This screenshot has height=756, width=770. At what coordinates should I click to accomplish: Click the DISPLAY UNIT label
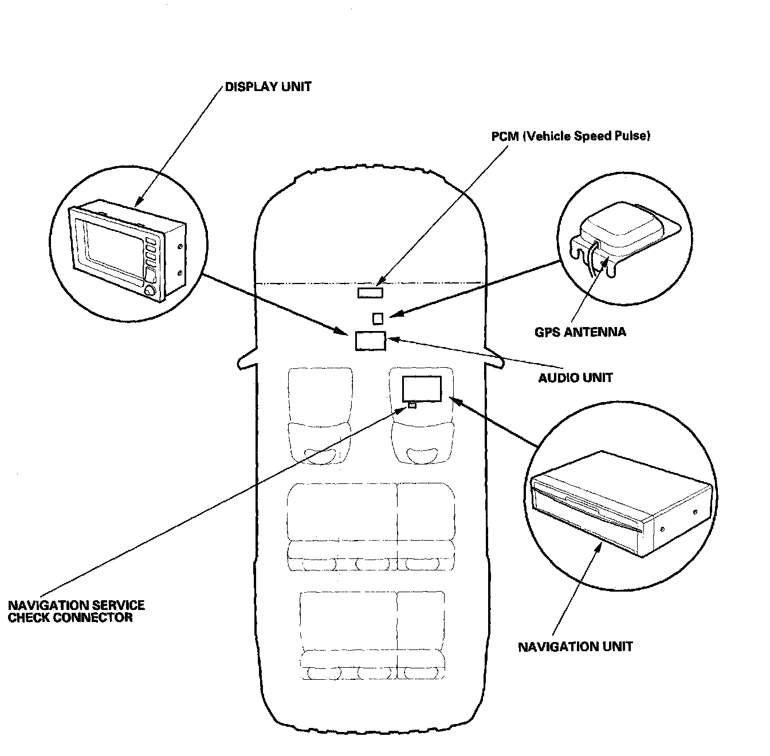tap(268, 86)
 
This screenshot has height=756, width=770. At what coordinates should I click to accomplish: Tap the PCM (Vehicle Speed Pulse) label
tap(571, 136)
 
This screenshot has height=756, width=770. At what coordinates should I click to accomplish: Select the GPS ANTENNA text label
tap(580, 332)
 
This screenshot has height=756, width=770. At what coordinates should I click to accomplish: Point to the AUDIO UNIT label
tap(575, 377)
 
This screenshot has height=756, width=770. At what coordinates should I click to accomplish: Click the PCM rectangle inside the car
tap(370, 293)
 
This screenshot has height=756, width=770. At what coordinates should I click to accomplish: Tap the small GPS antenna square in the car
tap(378, 318)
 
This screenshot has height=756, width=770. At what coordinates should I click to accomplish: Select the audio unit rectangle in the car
tap(371, 341)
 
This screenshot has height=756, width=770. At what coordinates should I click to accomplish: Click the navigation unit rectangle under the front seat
tap(422, 388)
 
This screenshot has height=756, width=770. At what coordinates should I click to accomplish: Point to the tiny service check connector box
tap(412, 405)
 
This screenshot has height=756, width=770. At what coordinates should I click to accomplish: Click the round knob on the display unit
tap(150, 292)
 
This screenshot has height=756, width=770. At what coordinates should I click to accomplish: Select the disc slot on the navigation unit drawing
tap(587, 506)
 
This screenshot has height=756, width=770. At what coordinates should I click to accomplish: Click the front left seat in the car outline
tap(320, 416)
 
